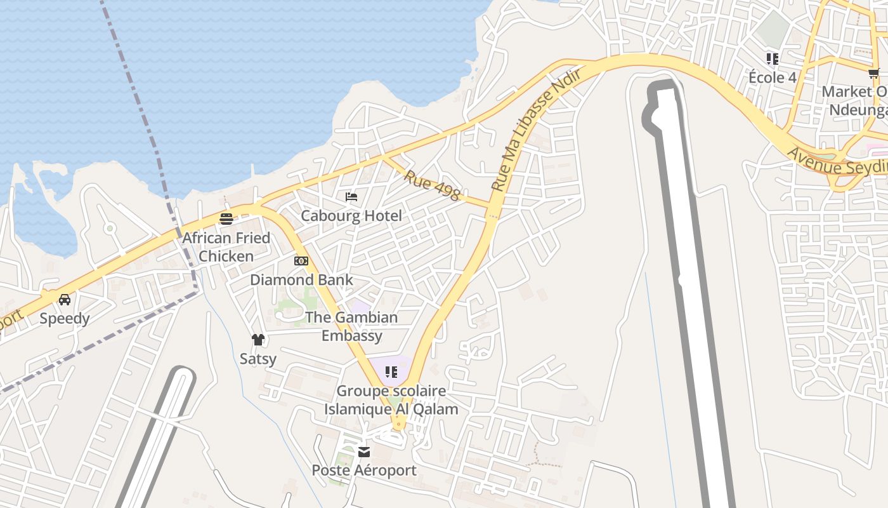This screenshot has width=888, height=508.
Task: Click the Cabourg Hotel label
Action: (351, 216)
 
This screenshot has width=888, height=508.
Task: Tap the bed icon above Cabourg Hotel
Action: (351, 197)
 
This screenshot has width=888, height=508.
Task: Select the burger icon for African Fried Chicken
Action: (226, 219)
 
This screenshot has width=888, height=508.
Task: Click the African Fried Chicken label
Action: (226, 247)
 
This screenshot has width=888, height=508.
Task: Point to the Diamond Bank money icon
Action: (301, 261)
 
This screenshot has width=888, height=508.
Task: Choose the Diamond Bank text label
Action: (301, 280)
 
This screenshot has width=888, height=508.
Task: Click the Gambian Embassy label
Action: (352, 326)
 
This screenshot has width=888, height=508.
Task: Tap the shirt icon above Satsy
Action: (258, 340)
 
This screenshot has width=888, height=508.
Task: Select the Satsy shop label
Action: (258, 359)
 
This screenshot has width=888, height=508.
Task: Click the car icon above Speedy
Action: (65, 300)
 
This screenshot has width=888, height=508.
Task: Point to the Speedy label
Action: (65, 318)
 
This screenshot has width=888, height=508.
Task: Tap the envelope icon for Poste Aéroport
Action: (364, 452)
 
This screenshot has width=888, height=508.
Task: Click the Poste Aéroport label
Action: (364, 471)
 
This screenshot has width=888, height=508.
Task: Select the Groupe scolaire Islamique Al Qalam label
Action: (391, 400)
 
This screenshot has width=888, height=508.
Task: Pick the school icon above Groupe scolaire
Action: (391, 372)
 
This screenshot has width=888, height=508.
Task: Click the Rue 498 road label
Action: (432, 185)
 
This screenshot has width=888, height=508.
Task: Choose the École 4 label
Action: (772, 77)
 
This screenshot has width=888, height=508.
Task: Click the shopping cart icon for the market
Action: (874, 73)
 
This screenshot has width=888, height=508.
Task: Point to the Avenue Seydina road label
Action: (837, 163)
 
